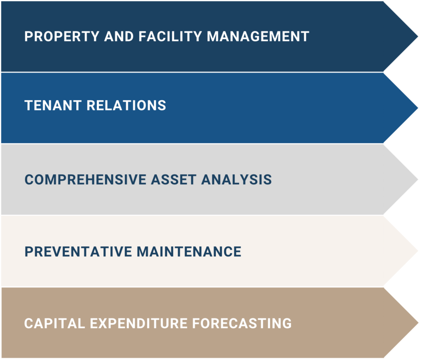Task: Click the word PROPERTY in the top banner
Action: (62, 37)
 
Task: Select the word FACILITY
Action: (170, 37)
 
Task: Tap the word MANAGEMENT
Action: (258, 37)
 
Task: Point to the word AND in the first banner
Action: (119, 37)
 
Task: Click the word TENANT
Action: (53, 105)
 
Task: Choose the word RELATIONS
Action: (126, 105)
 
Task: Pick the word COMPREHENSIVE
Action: (85, 180)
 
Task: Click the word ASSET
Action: (173, 180)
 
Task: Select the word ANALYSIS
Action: (237, 180)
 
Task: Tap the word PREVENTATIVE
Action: (78, 252)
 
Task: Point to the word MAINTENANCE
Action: (189, 252)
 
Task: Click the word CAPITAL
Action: (55, 323)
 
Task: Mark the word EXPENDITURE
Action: (138, 323)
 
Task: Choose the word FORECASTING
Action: (242, 323)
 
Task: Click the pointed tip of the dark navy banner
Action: (418, 36)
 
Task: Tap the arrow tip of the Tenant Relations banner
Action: (418, 108)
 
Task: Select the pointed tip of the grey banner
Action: (418, 180)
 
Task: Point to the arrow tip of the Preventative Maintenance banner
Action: (418, 251)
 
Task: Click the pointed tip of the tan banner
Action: (418, 323)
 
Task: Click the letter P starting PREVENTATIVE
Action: (28, 252)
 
